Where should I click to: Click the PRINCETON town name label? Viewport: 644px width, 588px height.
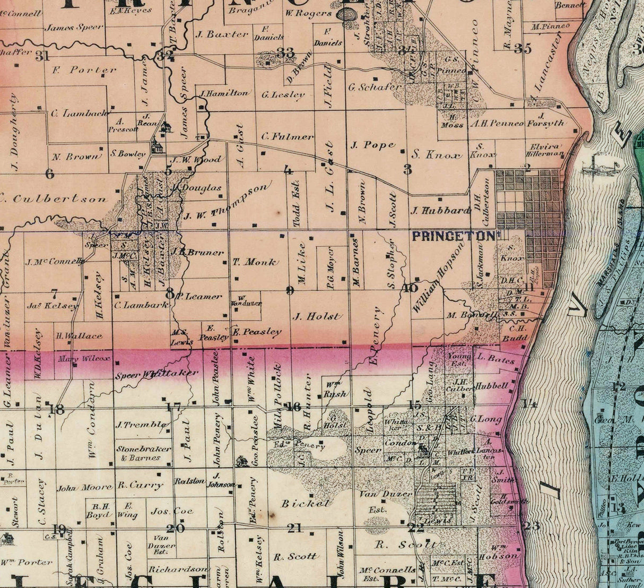click(454, 237)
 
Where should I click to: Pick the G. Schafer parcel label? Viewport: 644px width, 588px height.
click(375, 87)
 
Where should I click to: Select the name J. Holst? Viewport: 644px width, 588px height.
click(316, 316)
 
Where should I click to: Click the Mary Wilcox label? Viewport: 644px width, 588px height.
click(85, 358)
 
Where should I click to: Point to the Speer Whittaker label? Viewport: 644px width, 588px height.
click(156, 374)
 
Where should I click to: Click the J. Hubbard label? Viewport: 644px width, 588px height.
click(440, 210)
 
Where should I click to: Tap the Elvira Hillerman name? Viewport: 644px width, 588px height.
click(544, 150)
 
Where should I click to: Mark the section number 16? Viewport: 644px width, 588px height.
click(292, 407)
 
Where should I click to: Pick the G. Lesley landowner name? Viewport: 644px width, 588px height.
click(283, 96)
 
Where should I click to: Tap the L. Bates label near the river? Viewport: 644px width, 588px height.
click(495, 359)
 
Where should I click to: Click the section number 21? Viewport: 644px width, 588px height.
click(294, 528)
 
